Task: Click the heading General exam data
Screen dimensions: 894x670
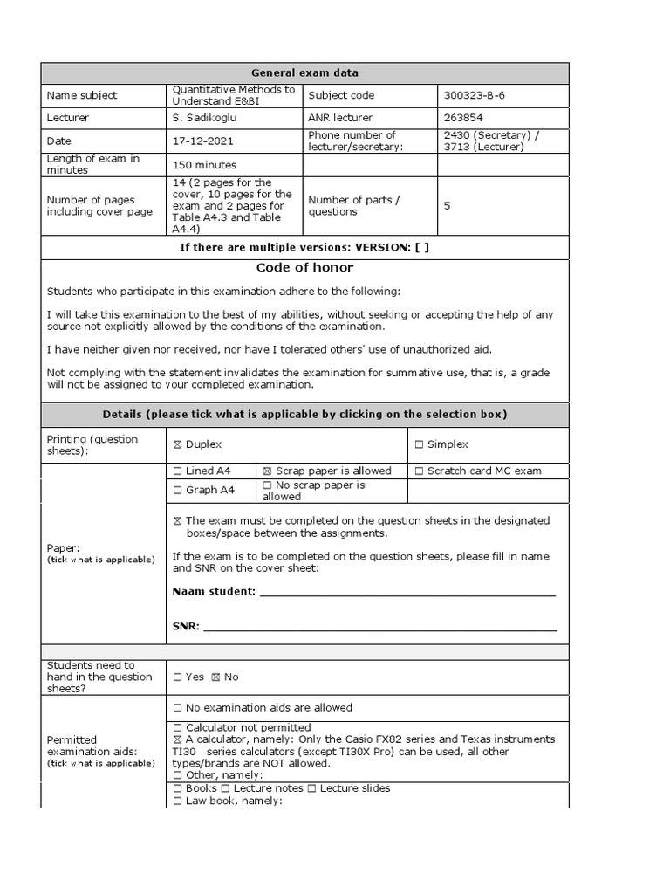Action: pos(305,73)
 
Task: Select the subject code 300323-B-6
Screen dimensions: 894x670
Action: pos(476,95)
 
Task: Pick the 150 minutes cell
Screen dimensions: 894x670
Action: pos(204,164)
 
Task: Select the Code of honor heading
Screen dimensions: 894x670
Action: pos(304,268)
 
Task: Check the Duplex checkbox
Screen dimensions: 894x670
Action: pos(178,445)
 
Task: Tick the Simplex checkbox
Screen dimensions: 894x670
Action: pos(419,445)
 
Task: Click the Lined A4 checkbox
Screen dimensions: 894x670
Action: pos(178,471)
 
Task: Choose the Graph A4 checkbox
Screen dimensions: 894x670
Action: pos(178,491)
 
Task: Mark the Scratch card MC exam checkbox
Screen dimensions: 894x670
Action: pos(419,471)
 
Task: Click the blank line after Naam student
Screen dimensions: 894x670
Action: pos(407,593)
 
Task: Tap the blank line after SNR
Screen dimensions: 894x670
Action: pos(379,627)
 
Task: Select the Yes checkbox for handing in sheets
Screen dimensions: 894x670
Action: pos(178,677)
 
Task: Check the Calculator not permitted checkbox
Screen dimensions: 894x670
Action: pos(178,728)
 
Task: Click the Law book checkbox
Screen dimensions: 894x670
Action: pos(178,801)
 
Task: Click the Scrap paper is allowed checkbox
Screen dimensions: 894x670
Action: pos(268,471)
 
